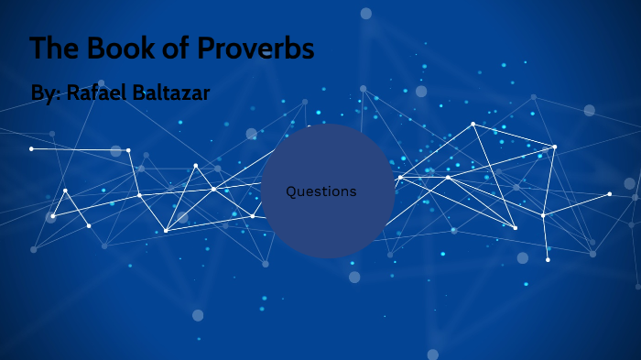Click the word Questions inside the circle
point(320,191)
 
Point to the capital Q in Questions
point(291,191)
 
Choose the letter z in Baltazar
point(188,93)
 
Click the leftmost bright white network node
point(31,148)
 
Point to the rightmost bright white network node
point(609,193)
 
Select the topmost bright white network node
point(473,124)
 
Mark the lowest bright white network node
point(548,259)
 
